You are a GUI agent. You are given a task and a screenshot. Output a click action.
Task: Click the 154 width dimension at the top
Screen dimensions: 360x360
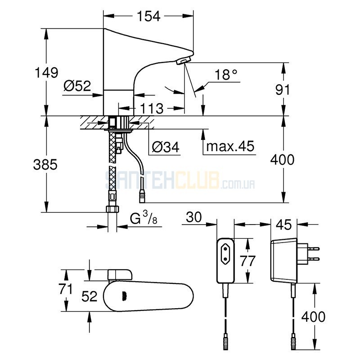(x=148, y=16)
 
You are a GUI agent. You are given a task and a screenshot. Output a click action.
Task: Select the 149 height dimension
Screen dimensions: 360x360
(x=46, y=72)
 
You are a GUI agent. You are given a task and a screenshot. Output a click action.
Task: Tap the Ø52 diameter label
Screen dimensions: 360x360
(x=77, y=86)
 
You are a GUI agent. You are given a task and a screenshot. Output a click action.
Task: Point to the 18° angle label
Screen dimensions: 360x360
(x=226, y=74)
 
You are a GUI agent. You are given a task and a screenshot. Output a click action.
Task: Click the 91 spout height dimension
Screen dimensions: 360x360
(x=283, y=90)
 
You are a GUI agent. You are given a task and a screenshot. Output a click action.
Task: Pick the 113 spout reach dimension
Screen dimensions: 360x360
(x=152, y=108)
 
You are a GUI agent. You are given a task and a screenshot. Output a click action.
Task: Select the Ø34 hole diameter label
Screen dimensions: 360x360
(x=166, y=147)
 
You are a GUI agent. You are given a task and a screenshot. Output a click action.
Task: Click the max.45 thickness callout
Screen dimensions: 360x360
(x=230, y=146)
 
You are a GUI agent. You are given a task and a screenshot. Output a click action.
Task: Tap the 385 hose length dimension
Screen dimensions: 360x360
(x=45, y=164)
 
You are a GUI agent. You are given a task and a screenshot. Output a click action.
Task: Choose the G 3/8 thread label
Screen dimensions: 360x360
(x=144, y=218)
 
